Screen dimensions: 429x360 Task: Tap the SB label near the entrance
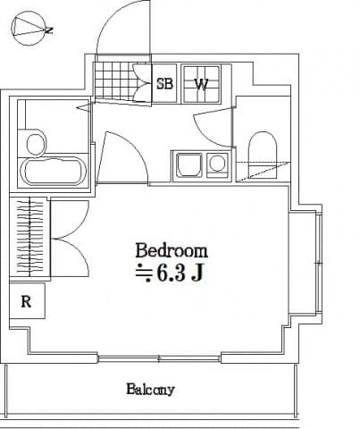tap(165, 85)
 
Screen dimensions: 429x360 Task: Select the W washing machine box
tap(203, 85)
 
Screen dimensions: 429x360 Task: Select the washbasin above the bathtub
tap(36, 143)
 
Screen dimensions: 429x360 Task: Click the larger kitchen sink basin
tap(188, 165)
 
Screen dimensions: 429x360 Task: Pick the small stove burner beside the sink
tap(216, 164)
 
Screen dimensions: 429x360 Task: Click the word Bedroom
tap(172, 250)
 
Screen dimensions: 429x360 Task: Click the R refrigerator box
tap(27, 301)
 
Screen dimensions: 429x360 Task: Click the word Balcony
tap(149, 390)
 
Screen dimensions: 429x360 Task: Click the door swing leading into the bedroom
tap(122, 156)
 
